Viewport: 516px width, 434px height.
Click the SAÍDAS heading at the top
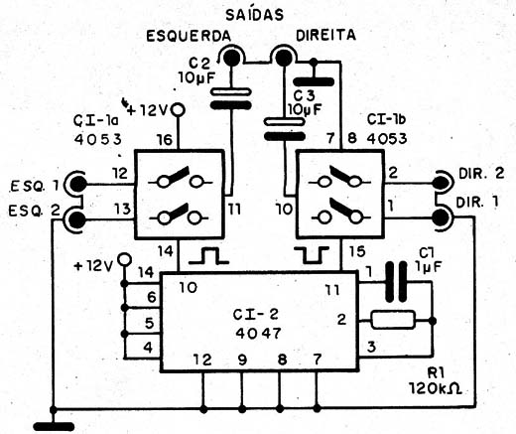point(254,14)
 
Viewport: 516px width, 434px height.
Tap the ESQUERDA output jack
point(231,57)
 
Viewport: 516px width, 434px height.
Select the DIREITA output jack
point(284,57)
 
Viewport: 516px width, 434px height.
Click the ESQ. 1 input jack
point(76,183)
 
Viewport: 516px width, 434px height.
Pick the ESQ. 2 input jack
point(76,219)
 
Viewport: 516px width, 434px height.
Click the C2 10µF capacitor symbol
point(230,98)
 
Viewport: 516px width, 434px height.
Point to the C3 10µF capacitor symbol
point(284,129)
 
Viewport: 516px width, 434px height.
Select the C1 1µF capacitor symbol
point(396,281)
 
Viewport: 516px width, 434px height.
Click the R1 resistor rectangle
point(393,320)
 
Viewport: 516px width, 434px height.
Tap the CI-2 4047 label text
point(257,324)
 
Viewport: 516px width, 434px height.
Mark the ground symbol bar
point(54,426)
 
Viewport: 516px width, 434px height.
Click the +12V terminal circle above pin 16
point(178,109)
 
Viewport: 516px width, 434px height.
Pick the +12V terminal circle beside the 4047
point(124,259)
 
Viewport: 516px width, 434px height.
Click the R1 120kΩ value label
point(436,381)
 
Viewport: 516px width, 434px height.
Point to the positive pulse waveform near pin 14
point(208,256)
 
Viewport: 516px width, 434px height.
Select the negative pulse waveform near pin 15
point(313,255)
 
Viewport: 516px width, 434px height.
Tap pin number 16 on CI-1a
point(166,139)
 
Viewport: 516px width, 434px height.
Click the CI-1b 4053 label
point(386,129)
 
